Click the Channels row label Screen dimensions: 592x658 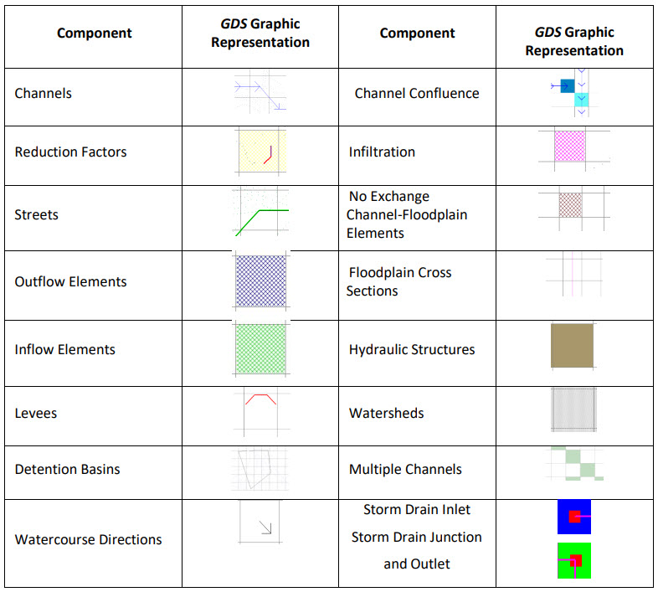click(44, 93)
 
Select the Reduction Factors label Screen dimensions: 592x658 click(70, 152)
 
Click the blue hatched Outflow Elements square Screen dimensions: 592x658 click(260, 281)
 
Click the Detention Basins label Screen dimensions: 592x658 click(67, 469)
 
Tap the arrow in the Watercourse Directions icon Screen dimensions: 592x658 click(265, 528)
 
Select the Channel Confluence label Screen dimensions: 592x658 click(417, 93)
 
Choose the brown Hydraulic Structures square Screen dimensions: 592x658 click(572, 345)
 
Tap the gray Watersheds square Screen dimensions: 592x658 click(573, 409)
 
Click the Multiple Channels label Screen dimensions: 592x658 click(405, 469)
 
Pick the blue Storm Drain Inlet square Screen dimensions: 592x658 click(573, 517)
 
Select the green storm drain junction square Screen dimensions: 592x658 click(573, 560)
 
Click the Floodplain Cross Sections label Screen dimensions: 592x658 click(399, 281)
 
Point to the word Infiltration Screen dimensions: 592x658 click(382, 152)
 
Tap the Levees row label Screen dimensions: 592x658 click(36, 413)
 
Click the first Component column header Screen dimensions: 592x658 click(94, 33)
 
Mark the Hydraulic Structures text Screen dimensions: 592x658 click(412, 349)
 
